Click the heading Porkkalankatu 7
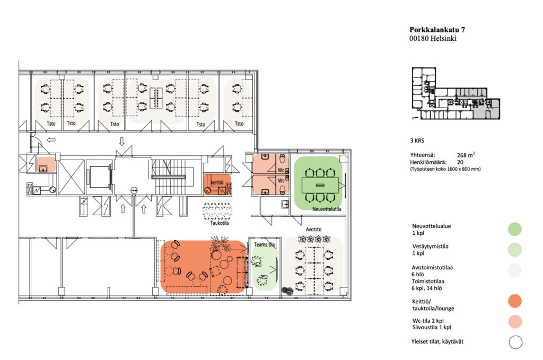437,30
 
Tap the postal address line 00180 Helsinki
433,38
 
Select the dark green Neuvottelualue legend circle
514,229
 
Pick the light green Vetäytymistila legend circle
514,250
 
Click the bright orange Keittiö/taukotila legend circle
515,301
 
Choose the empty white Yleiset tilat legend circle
515,343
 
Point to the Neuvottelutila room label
327,209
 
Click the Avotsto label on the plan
313,230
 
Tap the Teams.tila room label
264,244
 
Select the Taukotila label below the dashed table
220,223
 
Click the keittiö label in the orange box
217,182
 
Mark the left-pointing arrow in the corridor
51,140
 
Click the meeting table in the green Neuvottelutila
320,185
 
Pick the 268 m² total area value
466,155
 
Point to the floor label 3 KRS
417,141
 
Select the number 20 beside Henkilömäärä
460,162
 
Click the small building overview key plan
456,93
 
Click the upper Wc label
281,170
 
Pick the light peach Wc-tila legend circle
515,322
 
